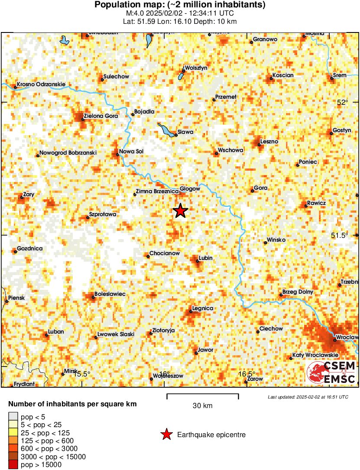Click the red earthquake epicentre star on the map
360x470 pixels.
pos(181,211)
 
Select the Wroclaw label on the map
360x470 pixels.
pos(347,337)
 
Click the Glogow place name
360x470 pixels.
pos(190,189)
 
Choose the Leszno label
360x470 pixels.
pos(269,142)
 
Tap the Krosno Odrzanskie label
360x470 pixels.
pos(41,84)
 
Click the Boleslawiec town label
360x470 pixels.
pos(110,294)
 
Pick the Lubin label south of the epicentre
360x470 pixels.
pos(205,258)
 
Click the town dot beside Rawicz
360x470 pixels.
pos(306,206)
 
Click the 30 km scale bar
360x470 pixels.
pos(202,395)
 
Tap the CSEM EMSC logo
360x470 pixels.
pos(331,372)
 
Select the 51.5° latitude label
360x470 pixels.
pos(340,235)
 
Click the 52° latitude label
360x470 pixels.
pos(342,102)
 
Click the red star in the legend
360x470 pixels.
pos(166,434)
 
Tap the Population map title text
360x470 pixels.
pos(180,5)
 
